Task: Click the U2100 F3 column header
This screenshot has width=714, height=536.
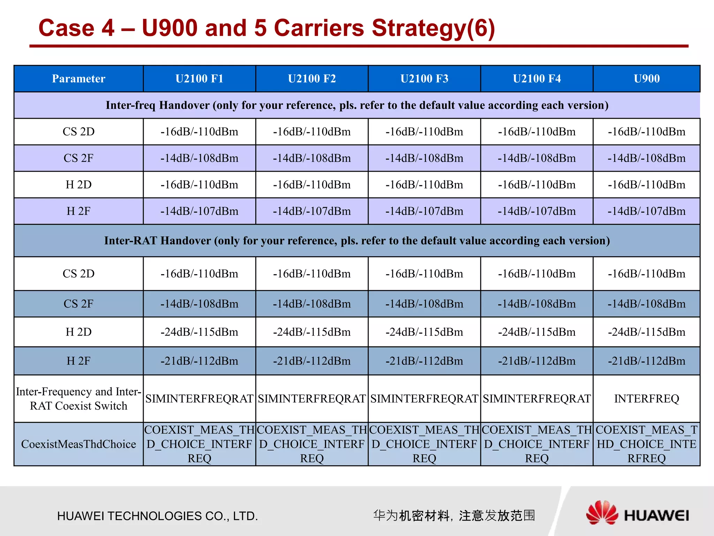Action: coord(424,79)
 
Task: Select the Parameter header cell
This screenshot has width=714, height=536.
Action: coord(78,79)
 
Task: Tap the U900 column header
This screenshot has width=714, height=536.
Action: coord(646,79)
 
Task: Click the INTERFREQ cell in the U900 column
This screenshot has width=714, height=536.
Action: coord(646,399)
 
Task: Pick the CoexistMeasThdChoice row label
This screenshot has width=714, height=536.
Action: coord(78,444)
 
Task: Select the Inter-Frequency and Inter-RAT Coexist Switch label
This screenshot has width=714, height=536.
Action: coord(78,399)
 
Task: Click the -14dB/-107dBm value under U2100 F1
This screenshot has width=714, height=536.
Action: coord(199,211)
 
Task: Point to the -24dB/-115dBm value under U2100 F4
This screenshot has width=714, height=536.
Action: coord(537,332)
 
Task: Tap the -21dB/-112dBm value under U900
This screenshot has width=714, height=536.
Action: coord(646,361)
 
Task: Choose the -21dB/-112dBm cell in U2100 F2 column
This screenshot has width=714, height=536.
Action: coord(312,361)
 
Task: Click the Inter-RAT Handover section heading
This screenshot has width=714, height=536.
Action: coord(357,240)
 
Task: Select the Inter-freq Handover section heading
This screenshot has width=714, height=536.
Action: coord(357,105)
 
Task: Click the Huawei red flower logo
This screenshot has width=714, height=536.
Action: coord(602,513)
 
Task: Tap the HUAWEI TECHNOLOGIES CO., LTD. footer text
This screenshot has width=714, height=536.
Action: coord(158,516)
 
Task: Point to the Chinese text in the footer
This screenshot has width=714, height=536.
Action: coord(454,515)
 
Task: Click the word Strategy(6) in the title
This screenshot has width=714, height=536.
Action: coord(433,28)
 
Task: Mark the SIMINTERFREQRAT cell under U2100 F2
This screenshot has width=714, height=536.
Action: coord(312,399)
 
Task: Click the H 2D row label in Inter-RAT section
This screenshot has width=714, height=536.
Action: coord(78,332)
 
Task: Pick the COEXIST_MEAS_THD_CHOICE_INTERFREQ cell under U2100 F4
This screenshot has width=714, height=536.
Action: coord(537,444)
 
